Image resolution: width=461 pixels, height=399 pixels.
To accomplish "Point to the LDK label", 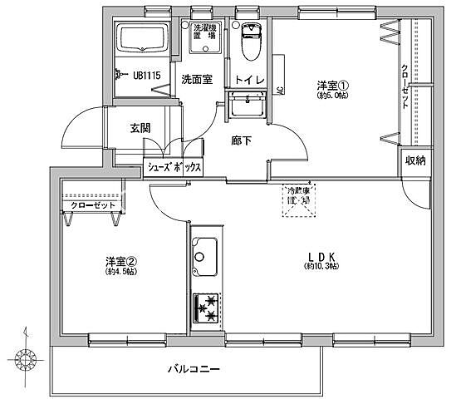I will click(321, 255).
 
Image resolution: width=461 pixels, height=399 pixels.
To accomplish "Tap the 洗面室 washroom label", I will click(197, 79).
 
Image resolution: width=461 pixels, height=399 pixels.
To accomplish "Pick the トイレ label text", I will click(248, 80).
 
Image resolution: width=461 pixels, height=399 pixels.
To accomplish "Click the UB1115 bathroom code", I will click(146, 74).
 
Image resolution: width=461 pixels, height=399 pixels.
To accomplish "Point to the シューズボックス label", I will click(174, 167).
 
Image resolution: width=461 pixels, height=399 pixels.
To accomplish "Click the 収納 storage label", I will click(416, 160).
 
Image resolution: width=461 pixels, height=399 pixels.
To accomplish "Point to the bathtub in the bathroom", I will click(143, 38).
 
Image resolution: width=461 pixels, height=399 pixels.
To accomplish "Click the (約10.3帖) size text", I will click(321, 266).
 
